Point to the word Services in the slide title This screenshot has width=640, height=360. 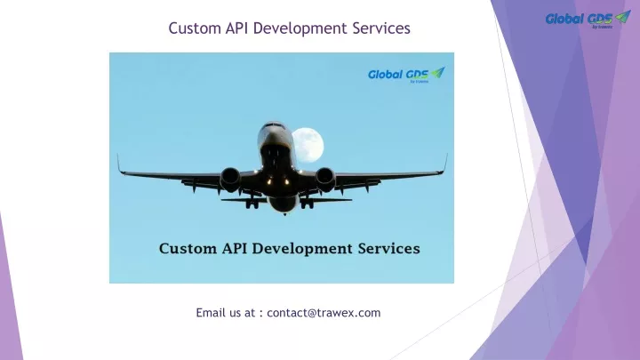click(x=381, y=28)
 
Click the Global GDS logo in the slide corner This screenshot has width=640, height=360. click(x=588, y=19)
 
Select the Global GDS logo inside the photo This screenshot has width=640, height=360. click(x=406, y=75)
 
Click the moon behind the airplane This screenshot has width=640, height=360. click(x=308, y=145)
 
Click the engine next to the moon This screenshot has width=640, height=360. click(x=325, y=180)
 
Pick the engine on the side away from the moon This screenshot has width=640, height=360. click(x=230, y=180)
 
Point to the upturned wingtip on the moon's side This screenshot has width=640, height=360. click(x=444, y=164)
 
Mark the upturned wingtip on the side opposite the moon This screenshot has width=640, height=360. click(x=120, y=164)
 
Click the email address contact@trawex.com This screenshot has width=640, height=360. click(x=324, y=313)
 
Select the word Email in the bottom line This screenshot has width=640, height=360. click(x=211, y=313)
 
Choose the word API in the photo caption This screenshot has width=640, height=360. click(x=235, y=248)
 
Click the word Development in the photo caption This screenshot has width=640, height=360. click(x=302, y=249)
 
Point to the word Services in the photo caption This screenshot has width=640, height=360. click(x=389, y=248)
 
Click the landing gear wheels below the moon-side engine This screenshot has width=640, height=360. click(x=307, y=204)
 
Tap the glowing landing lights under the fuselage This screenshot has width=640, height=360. click(x=277, y=180)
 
